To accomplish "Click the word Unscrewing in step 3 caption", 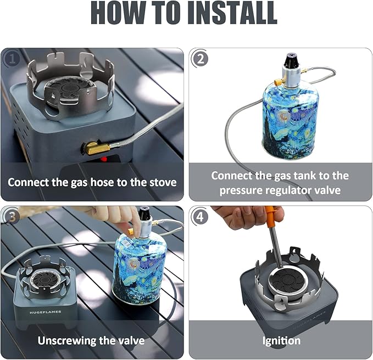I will point(68,340).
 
